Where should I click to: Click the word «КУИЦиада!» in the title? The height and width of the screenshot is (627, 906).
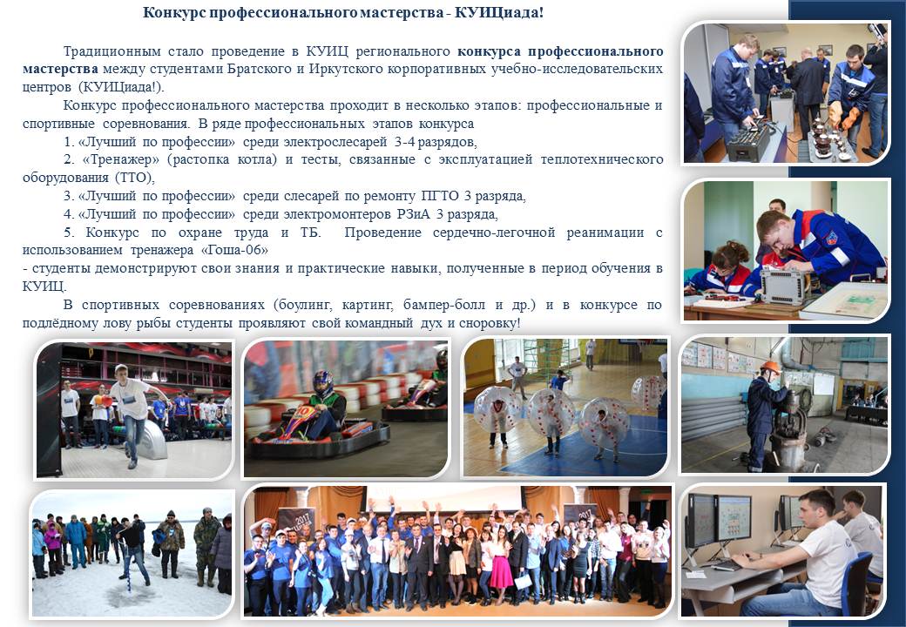499,13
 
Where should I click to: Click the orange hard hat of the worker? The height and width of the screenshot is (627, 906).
770,367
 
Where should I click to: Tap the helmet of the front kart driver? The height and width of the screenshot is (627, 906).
323,383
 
